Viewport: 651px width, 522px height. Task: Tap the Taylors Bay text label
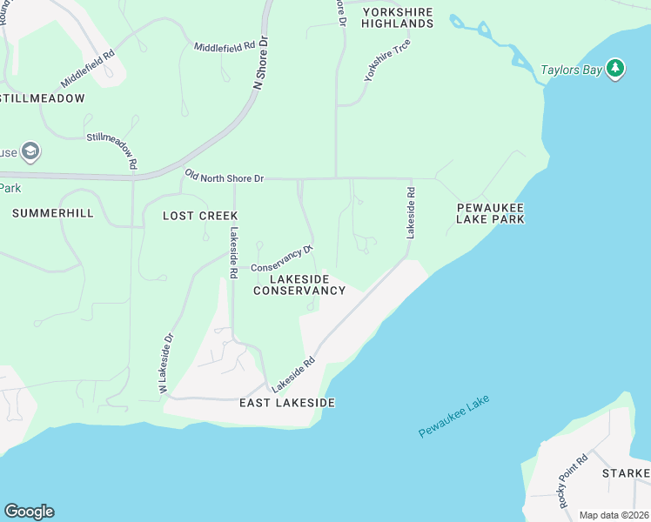coord(571,70)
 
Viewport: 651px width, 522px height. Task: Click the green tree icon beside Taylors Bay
coord(615,69)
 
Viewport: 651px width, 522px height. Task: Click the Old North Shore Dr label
coord(225,177)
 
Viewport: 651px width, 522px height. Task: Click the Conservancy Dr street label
coord(282,258)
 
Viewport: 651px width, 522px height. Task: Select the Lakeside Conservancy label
coord(299,284)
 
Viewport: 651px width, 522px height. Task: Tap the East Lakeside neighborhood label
coord(287,404)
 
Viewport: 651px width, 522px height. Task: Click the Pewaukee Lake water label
coord(453,416)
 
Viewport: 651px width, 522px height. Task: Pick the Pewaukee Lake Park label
coord(491,214)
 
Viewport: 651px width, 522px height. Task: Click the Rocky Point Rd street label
coord(574,481)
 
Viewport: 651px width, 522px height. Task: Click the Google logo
coord(29,512)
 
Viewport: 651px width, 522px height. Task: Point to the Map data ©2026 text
coord(614,515)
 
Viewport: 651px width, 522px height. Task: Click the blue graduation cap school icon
coord(31,152)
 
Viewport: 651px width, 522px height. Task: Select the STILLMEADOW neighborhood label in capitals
coord(43,98)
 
